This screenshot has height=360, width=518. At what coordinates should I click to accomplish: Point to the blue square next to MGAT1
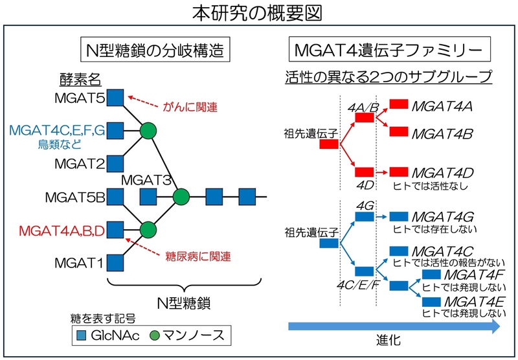(115, 263)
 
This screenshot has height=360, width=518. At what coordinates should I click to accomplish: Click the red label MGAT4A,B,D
(62, 229)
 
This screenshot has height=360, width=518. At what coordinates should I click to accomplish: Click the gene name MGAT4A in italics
(442, 104)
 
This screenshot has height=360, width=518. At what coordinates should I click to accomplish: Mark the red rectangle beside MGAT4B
(398, 131)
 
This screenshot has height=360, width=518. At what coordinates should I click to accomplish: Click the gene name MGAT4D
(442, 174)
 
